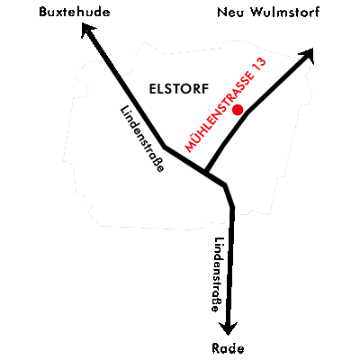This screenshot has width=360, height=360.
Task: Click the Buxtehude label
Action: click(x=75, y=12)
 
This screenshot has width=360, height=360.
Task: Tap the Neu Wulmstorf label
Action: click(x=268, y=13)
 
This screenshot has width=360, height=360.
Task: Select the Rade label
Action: click(x=228, y=348)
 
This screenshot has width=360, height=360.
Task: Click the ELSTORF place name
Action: click(x=179, y=89)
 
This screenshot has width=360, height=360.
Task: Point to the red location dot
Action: click(x=238, y=110)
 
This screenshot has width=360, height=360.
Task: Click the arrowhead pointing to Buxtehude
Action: click(x=87, y=31)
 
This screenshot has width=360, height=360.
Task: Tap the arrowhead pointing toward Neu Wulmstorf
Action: click(x=307, y=56)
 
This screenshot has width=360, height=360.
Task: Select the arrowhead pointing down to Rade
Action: click(x=228, y=328)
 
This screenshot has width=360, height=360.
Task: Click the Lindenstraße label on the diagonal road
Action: click(x=142, y=139)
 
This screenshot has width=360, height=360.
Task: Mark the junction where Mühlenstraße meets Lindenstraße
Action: click(x=206, y=172)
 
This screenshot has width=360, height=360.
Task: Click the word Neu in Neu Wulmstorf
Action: click(x=230, y=13)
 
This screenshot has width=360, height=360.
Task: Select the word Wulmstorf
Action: click(x=285, y=13)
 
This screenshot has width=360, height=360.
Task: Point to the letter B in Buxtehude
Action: click(x=44, y=12)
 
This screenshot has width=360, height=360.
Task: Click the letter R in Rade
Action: click(x=216, y=348)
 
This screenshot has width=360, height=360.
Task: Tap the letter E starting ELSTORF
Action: click(x=153, y=89)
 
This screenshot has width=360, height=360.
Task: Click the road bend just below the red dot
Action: click(x=247, y=112)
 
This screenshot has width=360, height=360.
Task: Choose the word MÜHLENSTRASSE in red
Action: click(x=219, y=112)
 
